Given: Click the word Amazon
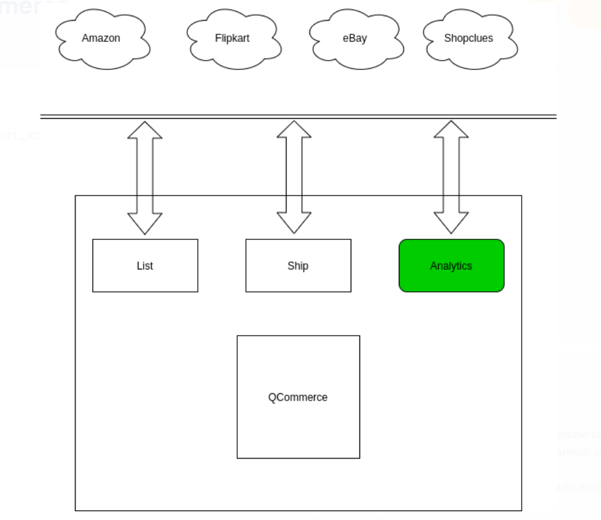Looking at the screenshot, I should tap(101, 38).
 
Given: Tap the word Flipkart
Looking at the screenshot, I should tap(232, 38).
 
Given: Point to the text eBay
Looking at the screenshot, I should tap(354, 38).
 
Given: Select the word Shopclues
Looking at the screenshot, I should tap(469, 38).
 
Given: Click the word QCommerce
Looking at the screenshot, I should tap(298, 397).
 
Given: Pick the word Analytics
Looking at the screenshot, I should tap(451, 266).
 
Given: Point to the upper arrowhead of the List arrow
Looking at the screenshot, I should tap(145, 130).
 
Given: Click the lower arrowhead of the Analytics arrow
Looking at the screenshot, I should tap(451, 224).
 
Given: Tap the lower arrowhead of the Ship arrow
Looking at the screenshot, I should tap(294, 224).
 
